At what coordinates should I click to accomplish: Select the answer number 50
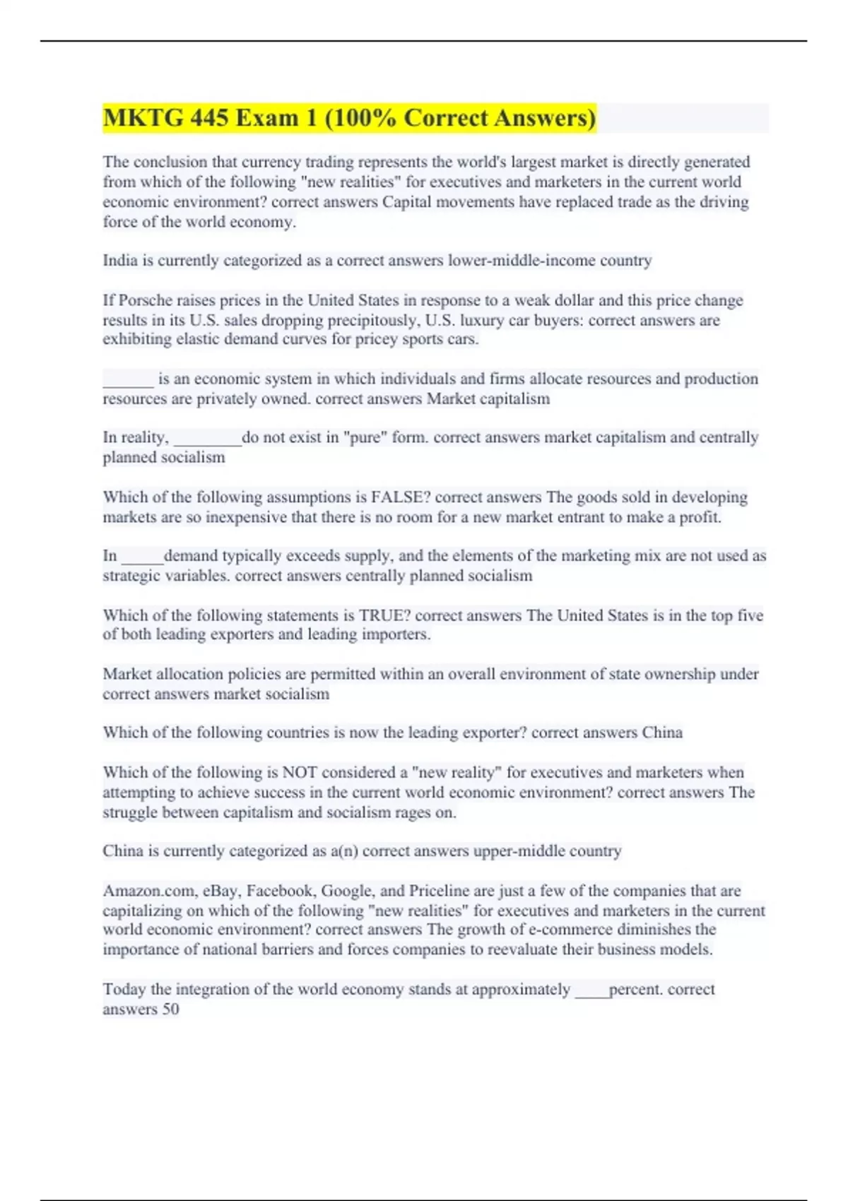pos(170,1010)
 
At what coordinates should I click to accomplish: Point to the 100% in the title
pos(361,118)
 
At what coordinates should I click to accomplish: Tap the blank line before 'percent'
pos(591,990)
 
